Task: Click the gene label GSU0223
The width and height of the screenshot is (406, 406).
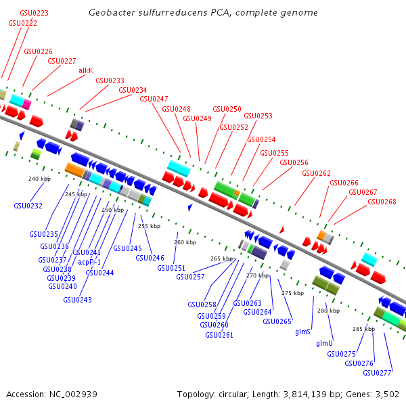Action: click(x=35, y=13)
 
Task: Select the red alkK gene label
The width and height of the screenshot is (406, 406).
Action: click(x=86, y=70)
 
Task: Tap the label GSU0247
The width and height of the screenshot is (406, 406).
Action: click(x=154, y=99)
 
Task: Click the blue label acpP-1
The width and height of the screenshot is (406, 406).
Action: click(x=89, y=262)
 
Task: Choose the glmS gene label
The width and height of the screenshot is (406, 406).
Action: click(x=302, y=332)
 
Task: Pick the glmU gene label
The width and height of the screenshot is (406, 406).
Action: click(x=325, y=343)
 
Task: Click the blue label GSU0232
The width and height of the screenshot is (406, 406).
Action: click(x=28, y=206)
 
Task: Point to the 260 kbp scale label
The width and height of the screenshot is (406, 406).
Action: click(x=185, y=242)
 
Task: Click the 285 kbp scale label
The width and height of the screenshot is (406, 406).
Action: click(x=363, y=328)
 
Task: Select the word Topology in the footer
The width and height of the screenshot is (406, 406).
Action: click(x=196, y=394)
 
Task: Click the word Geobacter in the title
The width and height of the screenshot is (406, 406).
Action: click(x=108, y=13)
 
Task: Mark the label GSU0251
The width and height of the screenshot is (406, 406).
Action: click(x=171, y=268)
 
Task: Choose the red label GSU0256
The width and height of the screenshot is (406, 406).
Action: click(x=294, y=162)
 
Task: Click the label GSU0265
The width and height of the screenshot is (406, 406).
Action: click(x=277, y=321)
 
